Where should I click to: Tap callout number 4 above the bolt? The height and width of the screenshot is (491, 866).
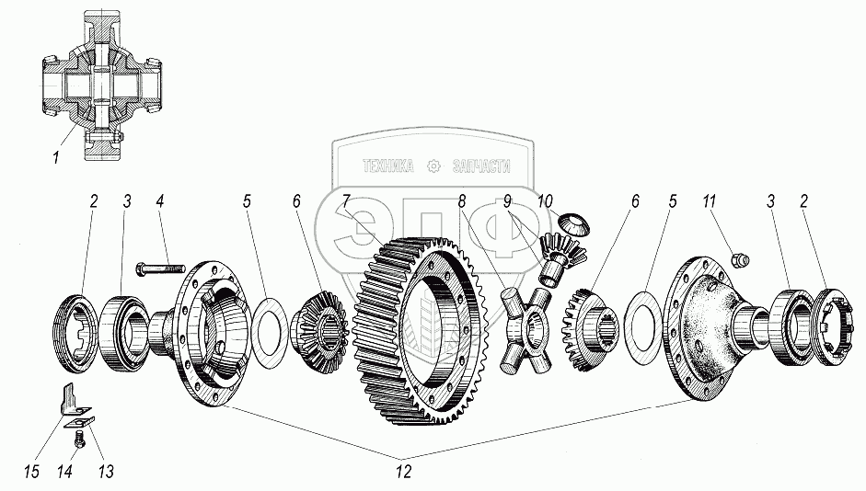pos(159,201)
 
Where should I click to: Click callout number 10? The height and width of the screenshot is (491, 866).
pos(546,200)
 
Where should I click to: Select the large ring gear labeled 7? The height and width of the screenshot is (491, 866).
pos(419,317)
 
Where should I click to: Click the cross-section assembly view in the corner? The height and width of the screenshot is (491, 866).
pos(100,87)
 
